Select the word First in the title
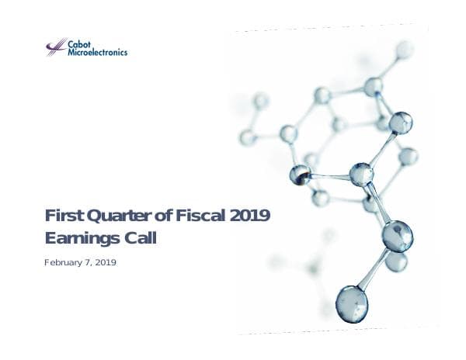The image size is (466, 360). (x=61, y=216)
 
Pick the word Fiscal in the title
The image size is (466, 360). (x=200, y=216)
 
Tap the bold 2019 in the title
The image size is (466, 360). (x=250, y=216)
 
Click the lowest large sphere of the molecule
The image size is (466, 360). (x=352, y=303)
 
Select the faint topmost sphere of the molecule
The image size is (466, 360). (x=405, y=50)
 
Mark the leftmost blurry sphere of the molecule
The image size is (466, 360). (x=248, y=137)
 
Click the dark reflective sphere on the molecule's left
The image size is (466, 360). (x=301, y=175)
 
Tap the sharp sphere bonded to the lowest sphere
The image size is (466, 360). (x=397, y=236)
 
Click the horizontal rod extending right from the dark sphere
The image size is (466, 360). (x=330, y=176)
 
